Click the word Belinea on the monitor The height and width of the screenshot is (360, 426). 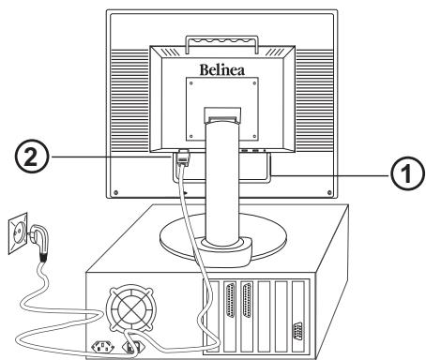pos(223,69)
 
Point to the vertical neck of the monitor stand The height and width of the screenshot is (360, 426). pos(221,178)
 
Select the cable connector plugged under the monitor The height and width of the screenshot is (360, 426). pos(184,161)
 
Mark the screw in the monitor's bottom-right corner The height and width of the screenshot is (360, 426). pos(331,193)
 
